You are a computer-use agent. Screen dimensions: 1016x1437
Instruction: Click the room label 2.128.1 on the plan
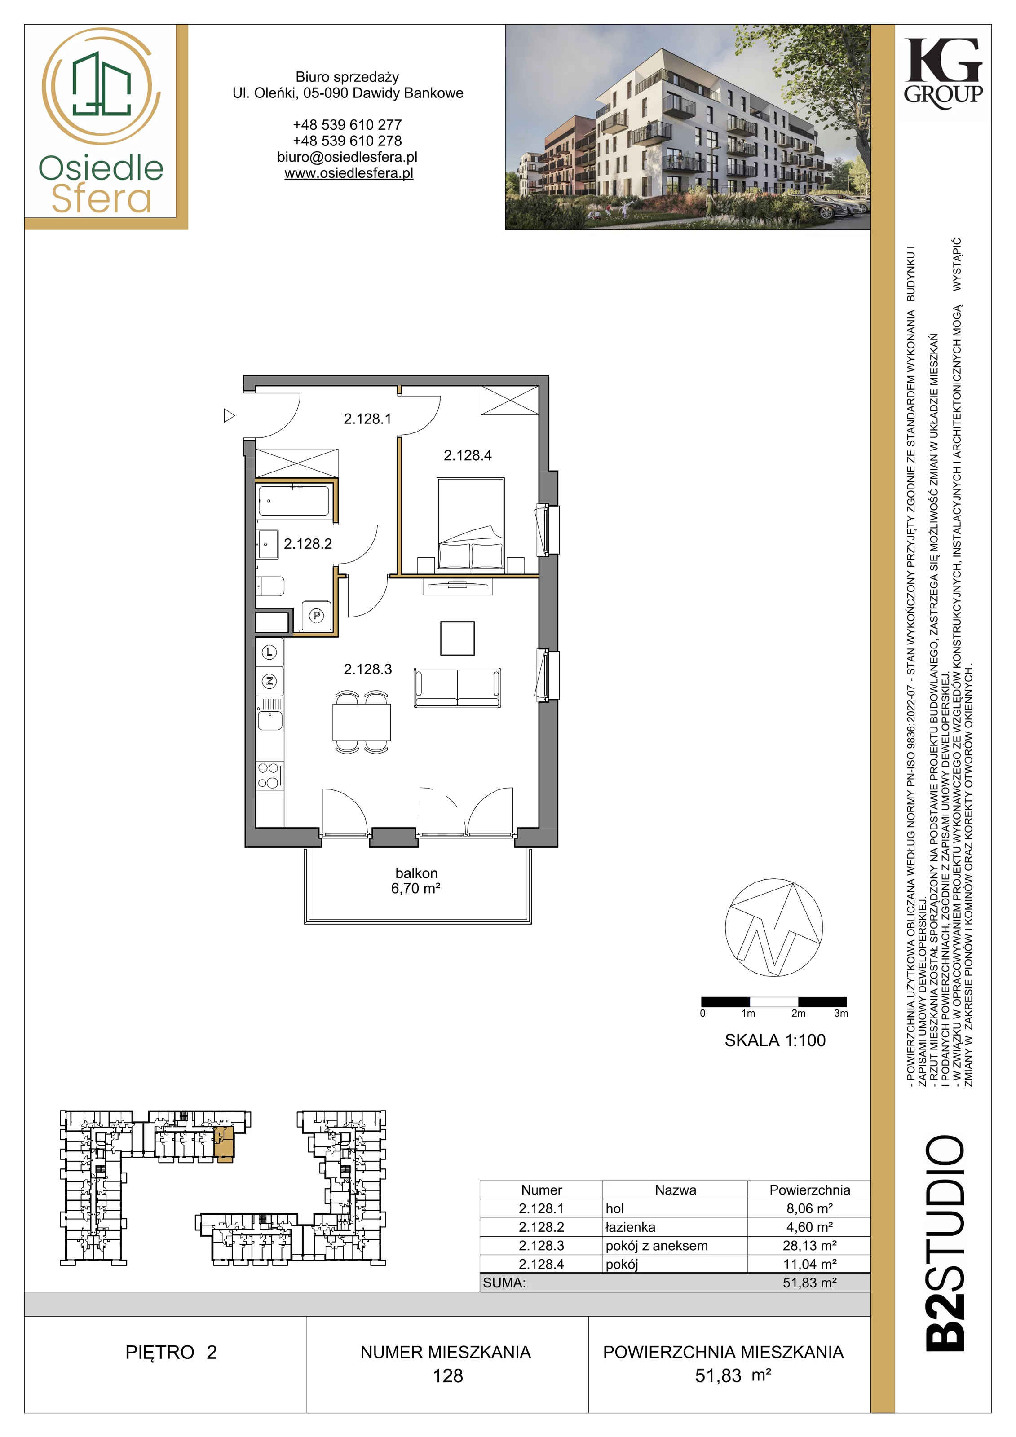pos(367,419)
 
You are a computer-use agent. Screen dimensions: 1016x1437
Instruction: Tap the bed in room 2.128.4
pos(471,525)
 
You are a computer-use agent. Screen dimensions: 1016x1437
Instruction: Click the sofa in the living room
pos(457,688)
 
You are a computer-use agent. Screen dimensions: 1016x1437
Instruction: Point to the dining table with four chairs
pos(362,722)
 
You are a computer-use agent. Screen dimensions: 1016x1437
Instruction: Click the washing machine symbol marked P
pos(317,616)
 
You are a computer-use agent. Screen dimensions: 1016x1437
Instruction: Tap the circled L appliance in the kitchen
pos(269,652)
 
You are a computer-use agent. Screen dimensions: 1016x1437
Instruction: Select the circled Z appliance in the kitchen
pos(269,681)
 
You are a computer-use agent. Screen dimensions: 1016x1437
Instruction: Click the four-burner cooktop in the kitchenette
pos(269,776)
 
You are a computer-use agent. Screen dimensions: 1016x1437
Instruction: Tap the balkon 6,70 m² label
pos(416,880)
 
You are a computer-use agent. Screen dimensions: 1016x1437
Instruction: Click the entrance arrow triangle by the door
pos(229,415)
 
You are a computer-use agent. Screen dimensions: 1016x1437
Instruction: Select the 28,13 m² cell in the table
pos(809,1246)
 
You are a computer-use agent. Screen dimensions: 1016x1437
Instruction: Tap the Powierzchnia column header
pos(809,1190)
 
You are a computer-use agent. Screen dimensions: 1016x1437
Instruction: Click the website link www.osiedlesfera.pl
pos(349,173)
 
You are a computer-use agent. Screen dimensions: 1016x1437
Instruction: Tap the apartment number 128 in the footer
pos(448,1375)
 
